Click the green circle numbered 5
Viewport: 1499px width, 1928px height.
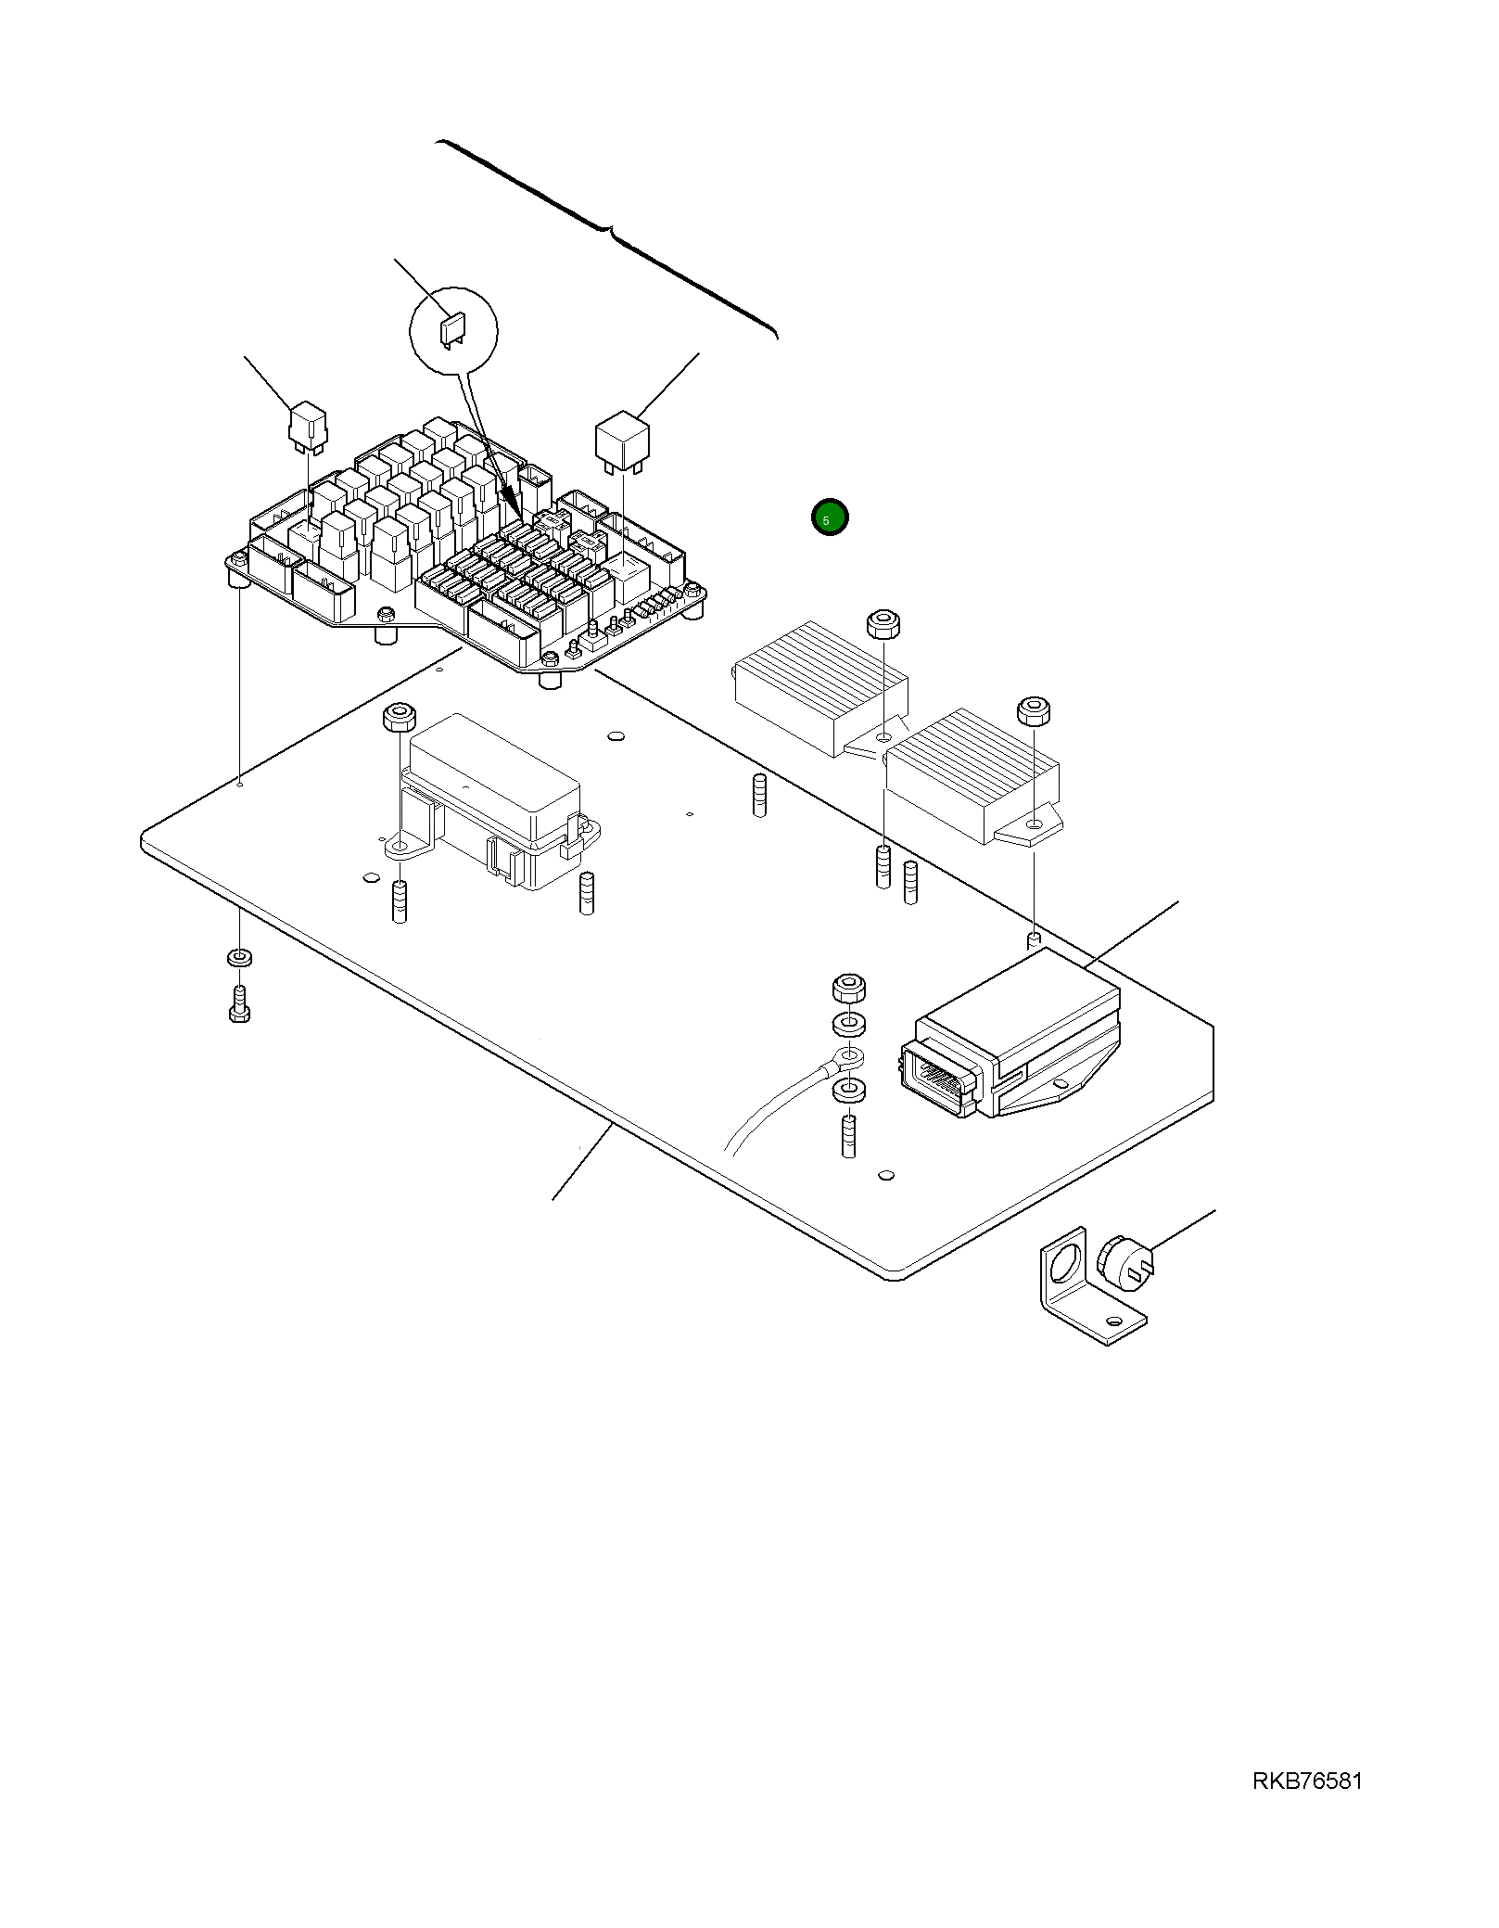829,517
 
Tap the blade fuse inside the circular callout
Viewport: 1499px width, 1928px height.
453,330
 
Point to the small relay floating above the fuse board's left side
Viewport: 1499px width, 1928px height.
307,426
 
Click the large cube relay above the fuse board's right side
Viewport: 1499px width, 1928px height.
622,441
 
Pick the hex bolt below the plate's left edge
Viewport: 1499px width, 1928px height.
239,1004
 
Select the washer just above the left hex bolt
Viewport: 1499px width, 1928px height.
239,957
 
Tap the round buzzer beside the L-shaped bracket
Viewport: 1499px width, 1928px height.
1124,1262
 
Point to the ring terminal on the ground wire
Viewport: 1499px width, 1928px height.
848,1055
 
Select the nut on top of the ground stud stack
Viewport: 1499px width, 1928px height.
849,988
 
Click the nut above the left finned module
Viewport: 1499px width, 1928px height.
883,623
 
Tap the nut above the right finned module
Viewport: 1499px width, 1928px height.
1034,711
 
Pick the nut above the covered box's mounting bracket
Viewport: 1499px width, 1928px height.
399,717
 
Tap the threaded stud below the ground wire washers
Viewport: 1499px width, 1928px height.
848,1135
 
